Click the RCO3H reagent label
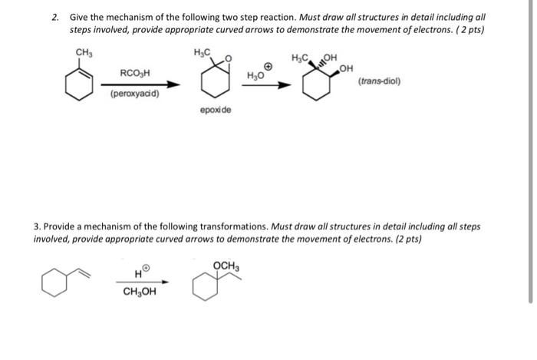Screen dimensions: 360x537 coord(135,73)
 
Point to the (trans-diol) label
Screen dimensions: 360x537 coord(379,81)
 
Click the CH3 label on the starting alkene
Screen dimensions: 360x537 coord(84,52)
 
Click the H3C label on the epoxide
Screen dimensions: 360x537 coord(203,52)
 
